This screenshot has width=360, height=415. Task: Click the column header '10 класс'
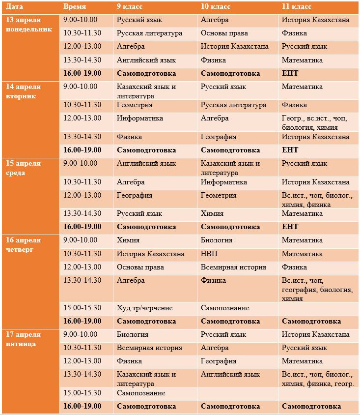pyautogui.click(x=216, y=7)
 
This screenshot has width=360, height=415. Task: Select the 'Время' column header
pyautogui.click(x=75, y=7)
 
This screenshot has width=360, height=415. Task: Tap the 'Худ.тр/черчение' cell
pyautogui.click(x=145, y=308)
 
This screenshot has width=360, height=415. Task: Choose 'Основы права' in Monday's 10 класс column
pyautogui.click(x=224, y=33)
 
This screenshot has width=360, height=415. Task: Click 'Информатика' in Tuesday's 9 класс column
pyautogui.click(x=140, y=118)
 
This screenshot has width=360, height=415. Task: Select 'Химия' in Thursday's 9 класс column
pyautogui.click(x=128, y=240)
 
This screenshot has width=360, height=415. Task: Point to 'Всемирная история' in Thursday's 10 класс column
pyautogui.click(x=233, y=267)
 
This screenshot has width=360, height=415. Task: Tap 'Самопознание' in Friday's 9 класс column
pyautogui.click(x=141, y=393)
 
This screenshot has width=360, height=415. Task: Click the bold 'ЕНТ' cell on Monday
pyautogui.click(x=290, y=73)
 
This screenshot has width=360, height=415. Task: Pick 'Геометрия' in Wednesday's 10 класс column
pyautogui.click(x=219, y=195)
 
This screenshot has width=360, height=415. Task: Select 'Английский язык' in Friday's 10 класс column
pyautogui.click(x=230, y=374)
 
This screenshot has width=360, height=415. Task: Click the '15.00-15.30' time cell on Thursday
pyautogui.click(x=83, y=308)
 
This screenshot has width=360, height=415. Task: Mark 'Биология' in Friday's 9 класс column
pyautogui.click(x=133, y=334)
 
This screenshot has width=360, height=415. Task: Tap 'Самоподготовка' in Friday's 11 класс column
pyautogui.click(x=311, y=406)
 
